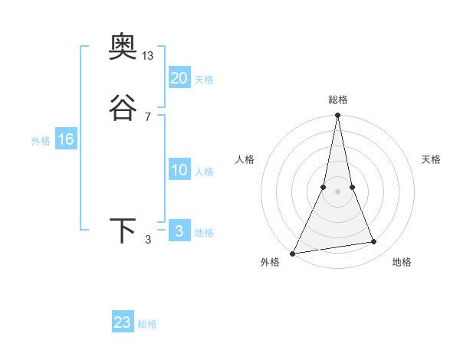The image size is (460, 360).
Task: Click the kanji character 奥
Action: coord(123,48)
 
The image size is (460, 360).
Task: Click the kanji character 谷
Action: coord(123,110)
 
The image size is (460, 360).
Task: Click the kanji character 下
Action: coord(123,232)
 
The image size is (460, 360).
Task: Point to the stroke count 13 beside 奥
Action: coord(148,56)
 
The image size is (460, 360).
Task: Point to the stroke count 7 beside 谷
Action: coord(148,116)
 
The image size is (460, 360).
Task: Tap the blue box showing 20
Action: coord(179,78)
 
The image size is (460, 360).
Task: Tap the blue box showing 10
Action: coord(179,170)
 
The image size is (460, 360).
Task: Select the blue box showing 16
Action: coord(66,139)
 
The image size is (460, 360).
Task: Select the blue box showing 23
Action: coord(123,322)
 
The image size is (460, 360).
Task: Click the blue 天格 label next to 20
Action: coord(204,80)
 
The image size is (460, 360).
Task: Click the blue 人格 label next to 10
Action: coord(204,172)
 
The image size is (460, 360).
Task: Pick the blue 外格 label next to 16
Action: coord(41,141)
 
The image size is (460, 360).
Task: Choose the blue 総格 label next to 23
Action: coord(147,324)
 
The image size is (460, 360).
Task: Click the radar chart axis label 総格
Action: coord(337,100)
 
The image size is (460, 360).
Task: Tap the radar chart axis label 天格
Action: coord(432,159)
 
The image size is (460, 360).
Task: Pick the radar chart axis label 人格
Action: coord(245,159)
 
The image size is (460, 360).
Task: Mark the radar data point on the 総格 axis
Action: coord(337,116)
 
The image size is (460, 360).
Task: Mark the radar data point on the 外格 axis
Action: coord(293,253)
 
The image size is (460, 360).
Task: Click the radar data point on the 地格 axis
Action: coord(374,242)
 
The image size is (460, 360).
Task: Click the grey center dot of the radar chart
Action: coord(337,191)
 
